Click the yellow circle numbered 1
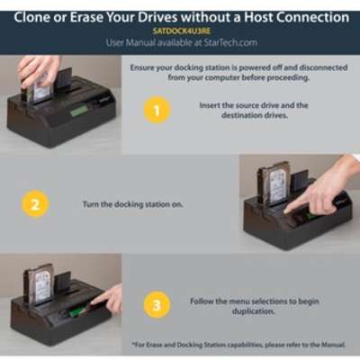pos(157,111)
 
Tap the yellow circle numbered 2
pos(35,204)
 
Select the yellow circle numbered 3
pos(157,305)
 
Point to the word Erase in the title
pos(87,17)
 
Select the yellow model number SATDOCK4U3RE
pos(181,31)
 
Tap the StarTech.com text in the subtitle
pos(230,42)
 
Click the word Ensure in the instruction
pos(141,67)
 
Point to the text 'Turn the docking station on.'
pos(132,204)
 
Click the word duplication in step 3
pos(254,311)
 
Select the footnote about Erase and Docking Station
pos(238,345)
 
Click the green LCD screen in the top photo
pos(79,111)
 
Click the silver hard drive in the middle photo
pos(274,184)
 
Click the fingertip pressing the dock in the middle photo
pos(287,211)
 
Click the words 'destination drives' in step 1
pos(255,115)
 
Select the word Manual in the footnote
pos(333,345)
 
